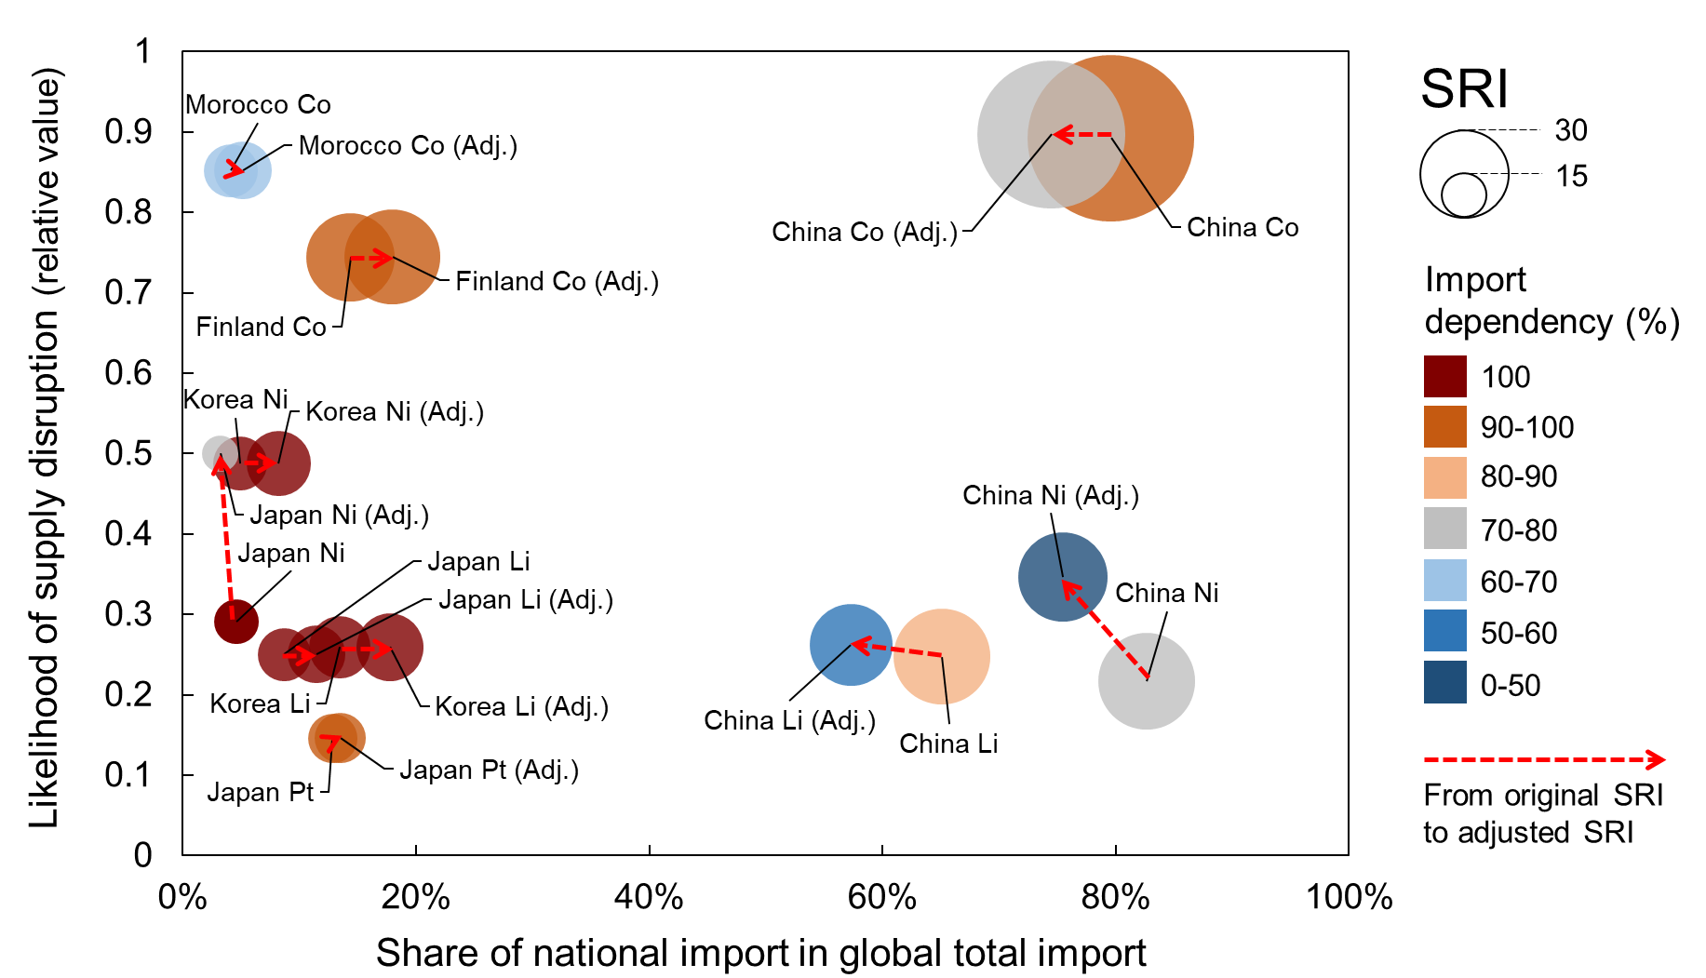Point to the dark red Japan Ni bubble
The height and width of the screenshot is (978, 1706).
pos(235,622)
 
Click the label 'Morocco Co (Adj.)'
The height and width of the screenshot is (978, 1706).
pos(408,146)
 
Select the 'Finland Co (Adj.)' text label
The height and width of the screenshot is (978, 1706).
pos(557,281)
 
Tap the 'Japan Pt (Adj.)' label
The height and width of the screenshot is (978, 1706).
pos(489,770)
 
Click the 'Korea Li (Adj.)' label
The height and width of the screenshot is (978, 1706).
pos(521,707)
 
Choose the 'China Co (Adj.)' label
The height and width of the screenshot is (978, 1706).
pos(864,232)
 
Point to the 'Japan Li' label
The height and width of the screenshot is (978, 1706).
pos(478,561)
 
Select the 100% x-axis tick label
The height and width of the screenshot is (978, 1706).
pos(1349,897)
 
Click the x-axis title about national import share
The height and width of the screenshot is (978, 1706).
pos(760,953)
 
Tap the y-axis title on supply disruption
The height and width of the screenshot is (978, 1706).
pos(45,447)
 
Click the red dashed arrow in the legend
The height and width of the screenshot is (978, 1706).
pos(1544,760)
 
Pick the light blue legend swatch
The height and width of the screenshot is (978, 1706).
pos(1444,580)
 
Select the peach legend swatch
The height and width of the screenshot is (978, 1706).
pos(1444,477)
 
